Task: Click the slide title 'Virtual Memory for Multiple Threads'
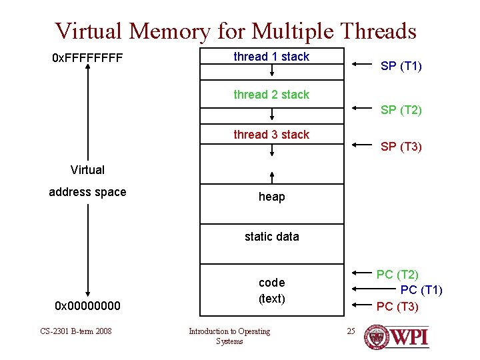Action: point(236,31)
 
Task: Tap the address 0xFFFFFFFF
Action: point(87,59)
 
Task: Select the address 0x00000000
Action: point(87,306)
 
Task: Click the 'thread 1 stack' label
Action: point(271,57)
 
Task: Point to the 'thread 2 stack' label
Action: point(271,95)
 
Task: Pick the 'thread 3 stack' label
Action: point(271,135)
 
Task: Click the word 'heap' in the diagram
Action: point(271,197)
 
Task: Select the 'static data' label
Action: point(271,237)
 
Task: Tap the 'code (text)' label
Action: point(271,291)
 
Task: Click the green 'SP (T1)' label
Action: point(401,66)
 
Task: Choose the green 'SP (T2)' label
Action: point(401,110)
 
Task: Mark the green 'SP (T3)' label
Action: point(401,147)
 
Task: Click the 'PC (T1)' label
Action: point(421,289)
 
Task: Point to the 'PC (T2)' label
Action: point(397,274)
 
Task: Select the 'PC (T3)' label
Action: point(397,307)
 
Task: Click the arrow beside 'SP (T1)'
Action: point(362,65)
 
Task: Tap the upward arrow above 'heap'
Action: point(272,177)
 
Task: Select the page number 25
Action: point(351,331)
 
